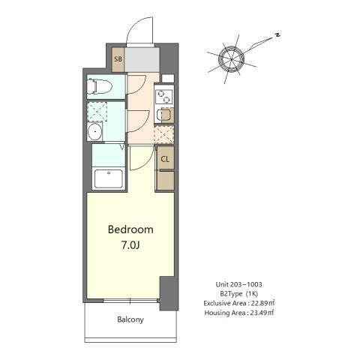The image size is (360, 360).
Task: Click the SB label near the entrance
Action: click(118, 58)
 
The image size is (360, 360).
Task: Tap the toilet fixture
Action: click(98, 86)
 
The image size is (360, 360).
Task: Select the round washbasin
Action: click(94, 133)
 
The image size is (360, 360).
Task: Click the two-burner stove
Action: click(163, 95)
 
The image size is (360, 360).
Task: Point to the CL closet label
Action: click(165, 159)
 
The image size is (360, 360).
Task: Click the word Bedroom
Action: click(130, 229)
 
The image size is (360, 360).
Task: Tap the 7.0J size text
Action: click(130, 245)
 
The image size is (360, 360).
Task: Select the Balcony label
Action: click(130, 319)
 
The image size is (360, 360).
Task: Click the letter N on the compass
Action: click(277, 34)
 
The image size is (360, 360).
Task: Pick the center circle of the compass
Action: click(231, 58)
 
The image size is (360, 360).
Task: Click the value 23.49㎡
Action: click(260, 313)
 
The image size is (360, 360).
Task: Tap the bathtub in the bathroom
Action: click(109, 179)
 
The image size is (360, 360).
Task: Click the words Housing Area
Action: click(222, 313)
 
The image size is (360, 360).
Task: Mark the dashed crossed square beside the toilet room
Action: click(97, 111)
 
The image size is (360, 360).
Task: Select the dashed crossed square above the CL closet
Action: click(164, 135)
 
